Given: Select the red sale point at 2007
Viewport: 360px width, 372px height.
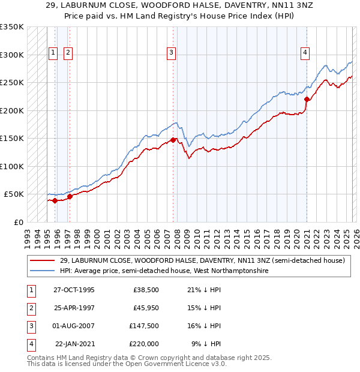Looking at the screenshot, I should [x=173, y=140].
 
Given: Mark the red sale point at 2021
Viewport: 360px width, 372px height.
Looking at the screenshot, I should [x=307, y=100].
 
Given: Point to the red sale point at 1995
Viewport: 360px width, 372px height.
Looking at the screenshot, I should [x=55, y=200].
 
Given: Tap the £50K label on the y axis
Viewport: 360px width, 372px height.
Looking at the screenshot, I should [x=14, y=194].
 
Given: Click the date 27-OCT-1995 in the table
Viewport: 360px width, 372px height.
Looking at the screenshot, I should [x=74, y=290].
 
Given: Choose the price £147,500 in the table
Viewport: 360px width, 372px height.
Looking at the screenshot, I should [x=145, y=326].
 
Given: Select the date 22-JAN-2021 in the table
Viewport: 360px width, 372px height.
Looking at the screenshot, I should [x=75, y=344].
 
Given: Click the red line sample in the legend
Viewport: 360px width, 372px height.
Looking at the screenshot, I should [x=43, y=261].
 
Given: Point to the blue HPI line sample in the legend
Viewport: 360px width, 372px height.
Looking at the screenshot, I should [x=43, y=271].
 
